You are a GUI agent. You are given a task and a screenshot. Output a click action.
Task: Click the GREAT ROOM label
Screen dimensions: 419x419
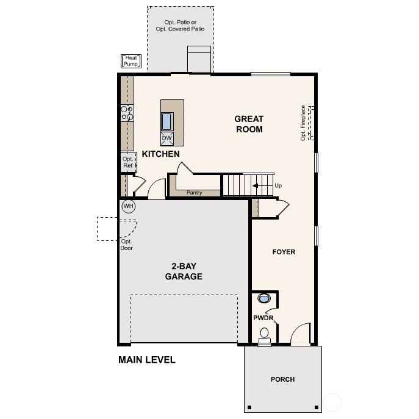249,124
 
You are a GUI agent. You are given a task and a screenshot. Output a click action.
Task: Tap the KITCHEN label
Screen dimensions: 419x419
161,154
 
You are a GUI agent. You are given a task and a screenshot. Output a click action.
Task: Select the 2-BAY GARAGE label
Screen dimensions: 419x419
184,271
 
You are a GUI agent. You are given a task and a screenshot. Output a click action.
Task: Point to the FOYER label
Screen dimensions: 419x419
284,252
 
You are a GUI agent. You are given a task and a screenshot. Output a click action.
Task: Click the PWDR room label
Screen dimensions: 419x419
263,318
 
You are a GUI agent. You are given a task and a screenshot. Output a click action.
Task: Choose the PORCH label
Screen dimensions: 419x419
282,379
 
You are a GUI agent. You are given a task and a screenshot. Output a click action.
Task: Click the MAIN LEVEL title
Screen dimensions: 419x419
147,360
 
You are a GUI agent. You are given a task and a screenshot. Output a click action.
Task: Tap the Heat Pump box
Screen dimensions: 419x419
132,61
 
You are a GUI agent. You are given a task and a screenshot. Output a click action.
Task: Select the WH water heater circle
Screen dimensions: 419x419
128,206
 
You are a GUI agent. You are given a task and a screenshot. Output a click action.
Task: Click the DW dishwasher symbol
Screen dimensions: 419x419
167,138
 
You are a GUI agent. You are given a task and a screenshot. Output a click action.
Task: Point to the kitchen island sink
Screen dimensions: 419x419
167,121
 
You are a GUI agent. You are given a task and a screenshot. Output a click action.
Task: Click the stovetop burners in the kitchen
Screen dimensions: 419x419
127,113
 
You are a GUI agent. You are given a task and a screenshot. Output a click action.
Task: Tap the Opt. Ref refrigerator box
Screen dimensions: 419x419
128,162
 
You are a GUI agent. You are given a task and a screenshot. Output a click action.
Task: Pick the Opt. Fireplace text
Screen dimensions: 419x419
303,123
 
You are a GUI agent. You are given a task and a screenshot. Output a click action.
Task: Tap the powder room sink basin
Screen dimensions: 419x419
264,299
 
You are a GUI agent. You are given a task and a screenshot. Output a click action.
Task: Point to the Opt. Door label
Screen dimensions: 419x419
127,245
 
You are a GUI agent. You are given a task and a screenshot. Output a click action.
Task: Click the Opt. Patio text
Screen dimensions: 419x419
180,26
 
